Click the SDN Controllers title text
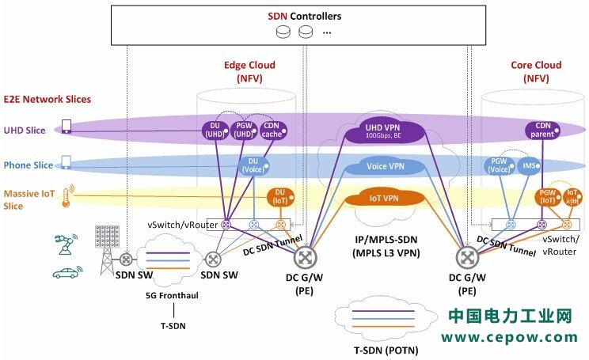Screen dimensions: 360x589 coord(294,16)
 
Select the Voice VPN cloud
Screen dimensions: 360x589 coord(386,166)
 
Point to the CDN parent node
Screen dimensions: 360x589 coord(542,130)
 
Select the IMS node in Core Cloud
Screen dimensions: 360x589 coord(530,165)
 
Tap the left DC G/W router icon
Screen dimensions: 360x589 coord(305,257)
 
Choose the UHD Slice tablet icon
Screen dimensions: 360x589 coord(66,127)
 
